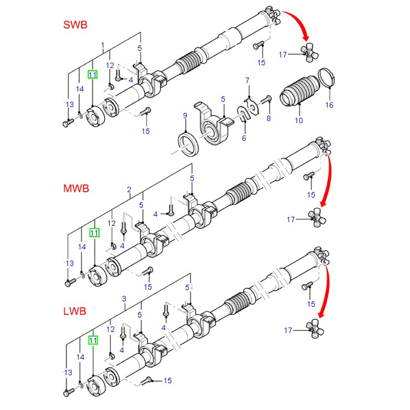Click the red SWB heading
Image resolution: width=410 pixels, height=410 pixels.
(76, 25)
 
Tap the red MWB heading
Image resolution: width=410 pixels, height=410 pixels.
(76, 188)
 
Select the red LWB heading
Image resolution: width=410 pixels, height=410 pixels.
(75, 311)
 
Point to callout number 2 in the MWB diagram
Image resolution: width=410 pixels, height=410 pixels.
(129, 190)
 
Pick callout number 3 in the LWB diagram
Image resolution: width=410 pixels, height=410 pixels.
(124, 299)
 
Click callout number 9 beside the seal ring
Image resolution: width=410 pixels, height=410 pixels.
(185, 116)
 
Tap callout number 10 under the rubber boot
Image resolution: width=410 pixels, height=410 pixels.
(299, 120)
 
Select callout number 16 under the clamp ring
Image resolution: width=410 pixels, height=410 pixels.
(329, 105)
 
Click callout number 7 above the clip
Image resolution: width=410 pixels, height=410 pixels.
(247, 80)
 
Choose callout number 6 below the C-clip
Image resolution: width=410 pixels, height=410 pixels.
(244, 138)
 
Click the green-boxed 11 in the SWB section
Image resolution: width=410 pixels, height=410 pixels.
(93, 75)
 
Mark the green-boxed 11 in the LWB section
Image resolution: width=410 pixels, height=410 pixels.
(93, 340)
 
